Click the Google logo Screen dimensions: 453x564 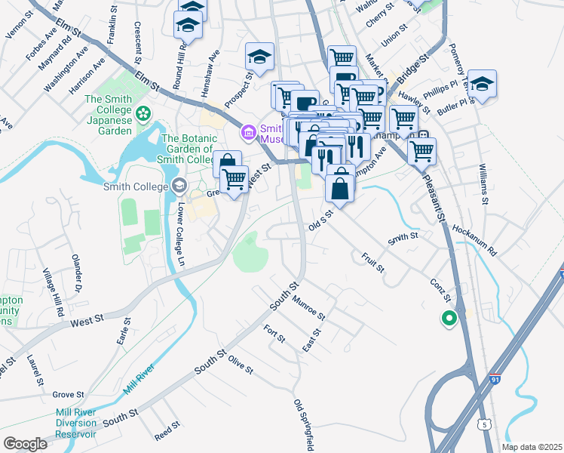coord(25,444)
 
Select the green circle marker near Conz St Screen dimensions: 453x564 coord(449,319)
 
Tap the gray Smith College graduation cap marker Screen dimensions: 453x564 coord(179,186)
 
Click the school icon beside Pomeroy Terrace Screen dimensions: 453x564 coord(482,83)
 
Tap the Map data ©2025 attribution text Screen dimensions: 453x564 coord(532,447)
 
